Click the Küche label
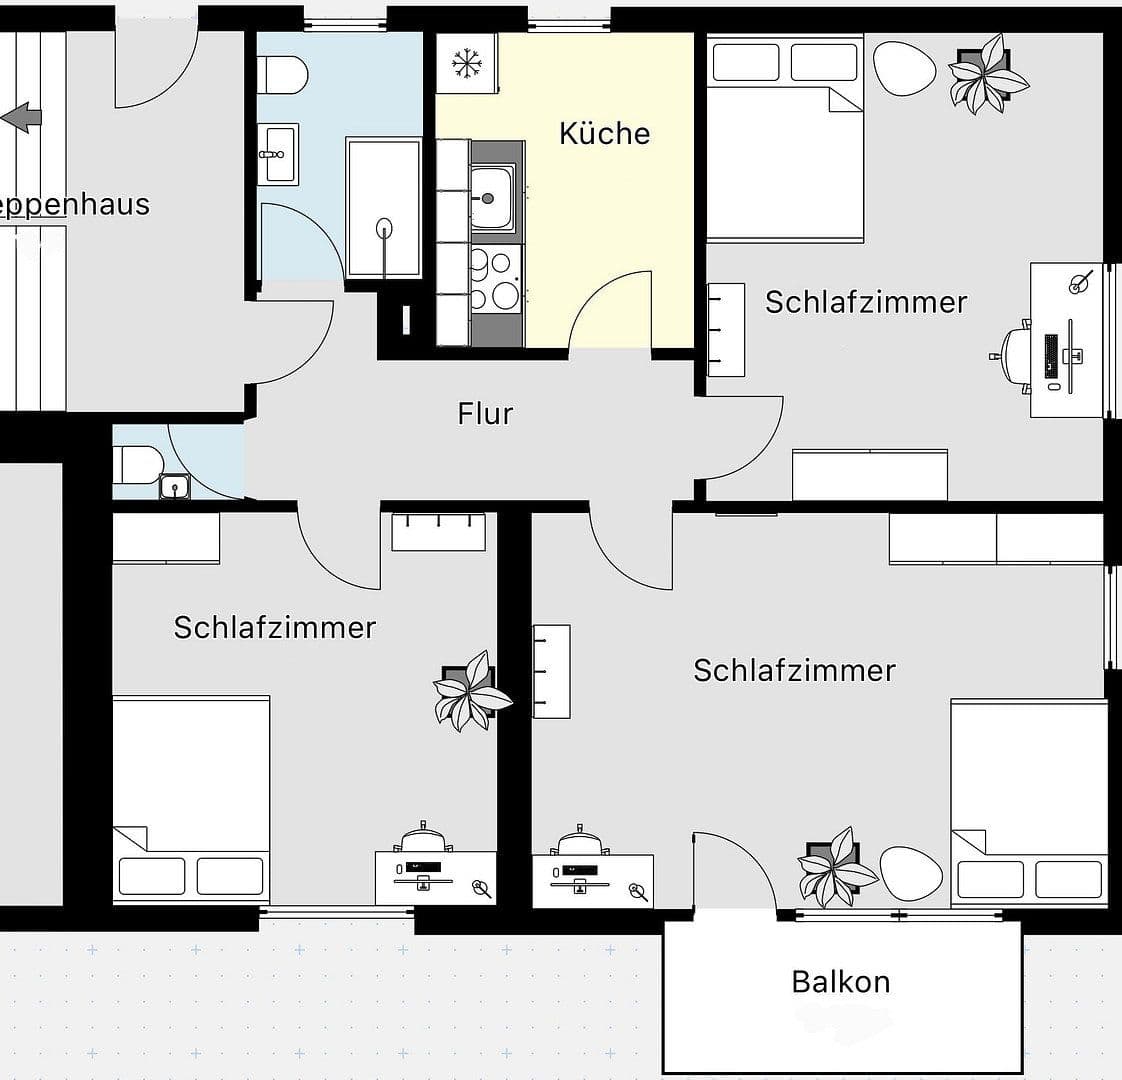[604, 133]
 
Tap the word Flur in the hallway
[485, 413]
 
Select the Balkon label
[840, 981]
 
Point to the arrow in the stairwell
[22, 117]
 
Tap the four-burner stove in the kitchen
[494, 280]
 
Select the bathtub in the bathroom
[384, 208]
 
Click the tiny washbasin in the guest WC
[175, 487]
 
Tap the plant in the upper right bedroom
[985, 73]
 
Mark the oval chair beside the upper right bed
[904, 67]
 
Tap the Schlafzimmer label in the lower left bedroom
[274, 627]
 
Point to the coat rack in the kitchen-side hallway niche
[406, 319]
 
